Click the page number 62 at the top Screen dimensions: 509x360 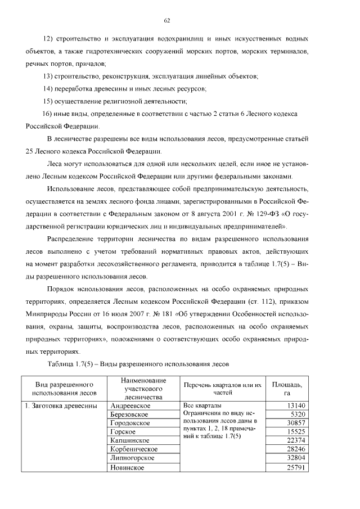coord(167,21)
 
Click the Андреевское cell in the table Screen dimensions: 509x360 coord(129,406)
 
